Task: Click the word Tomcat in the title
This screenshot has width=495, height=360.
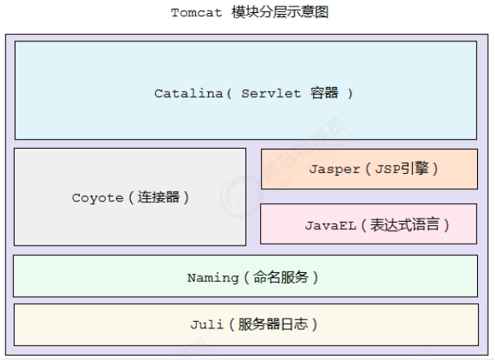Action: click(x=195, y=13)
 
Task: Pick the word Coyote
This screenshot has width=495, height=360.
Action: click(x=98, y=197)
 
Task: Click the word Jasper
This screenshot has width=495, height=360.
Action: click(x=334, y=169)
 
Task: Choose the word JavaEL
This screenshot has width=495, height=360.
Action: click(x=330, y=225)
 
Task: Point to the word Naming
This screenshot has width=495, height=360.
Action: click(x=213, y=277)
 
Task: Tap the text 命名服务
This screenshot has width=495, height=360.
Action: click(x=279, y=277)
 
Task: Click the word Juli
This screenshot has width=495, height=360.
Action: click(x=206, y=325)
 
